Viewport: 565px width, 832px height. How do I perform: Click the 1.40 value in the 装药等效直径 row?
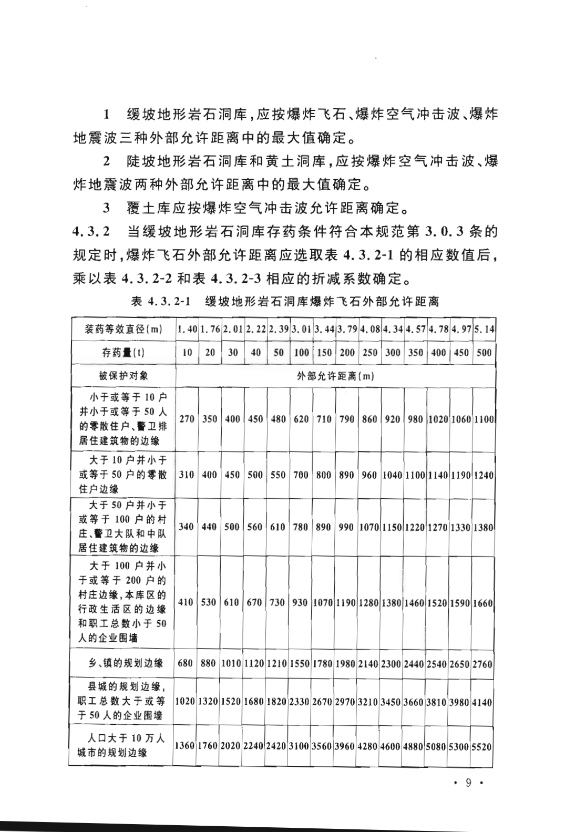tap(187, 330)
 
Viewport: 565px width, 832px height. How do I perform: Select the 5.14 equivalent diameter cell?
tap(484, 330)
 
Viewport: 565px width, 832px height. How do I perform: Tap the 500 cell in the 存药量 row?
tap(484, 353)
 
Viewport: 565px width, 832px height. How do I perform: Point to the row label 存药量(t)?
tap(124, 353)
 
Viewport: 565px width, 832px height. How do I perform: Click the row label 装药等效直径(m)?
tap(124, 330)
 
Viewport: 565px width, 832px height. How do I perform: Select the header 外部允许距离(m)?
tap(335, 376)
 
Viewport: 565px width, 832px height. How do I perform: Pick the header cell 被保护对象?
tap(124, 376)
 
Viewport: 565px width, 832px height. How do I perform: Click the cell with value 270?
tap(187, 419)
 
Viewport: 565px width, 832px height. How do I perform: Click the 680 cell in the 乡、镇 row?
tap(186, 663)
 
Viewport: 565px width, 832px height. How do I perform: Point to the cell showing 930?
tap(300, 602)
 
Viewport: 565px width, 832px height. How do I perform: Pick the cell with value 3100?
tap(300, 746)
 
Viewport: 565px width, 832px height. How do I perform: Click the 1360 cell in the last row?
tap(185, 746)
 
